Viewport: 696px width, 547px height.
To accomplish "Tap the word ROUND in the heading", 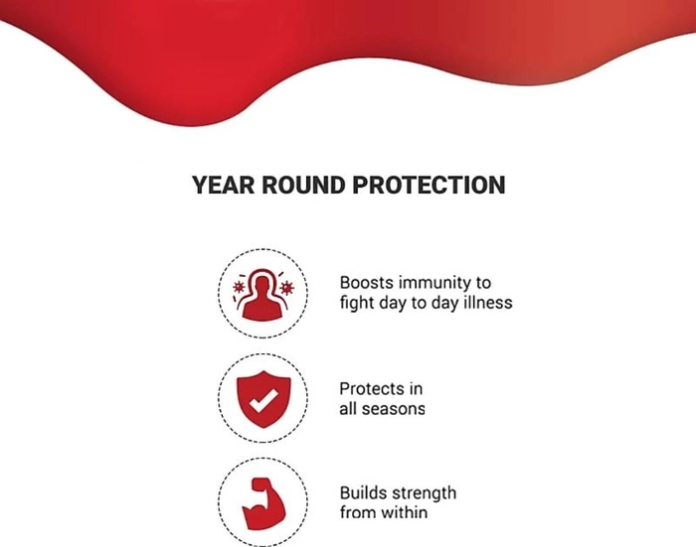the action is [x=303, y=185].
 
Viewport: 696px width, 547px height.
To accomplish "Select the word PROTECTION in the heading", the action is [x=429, y=185].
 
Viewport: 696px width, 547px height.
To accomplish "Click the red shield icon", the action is [x=263, y=399].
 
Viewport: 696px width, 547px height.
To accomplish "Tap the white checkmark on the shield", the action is [x=263, y=400].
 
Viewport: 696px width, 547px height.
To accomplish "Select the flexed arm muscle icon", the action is [x=263, y=503].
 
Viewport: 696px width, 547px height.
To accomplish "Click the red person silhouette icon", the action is [x=262, y=297].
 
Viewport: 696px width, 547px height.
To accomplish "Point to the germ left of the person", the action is [x=239, y=287].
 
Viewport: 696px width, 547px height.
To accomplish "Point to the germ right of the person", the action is [x=287, y=288].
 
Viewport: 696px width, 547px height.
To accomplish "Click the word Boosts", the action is [x=367, y=282].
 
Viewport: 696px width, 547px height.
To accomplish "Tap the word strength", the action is [x=424, y=493].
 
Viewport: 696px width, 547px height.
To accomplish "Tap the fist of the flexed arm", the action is [x=261, y=484].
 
